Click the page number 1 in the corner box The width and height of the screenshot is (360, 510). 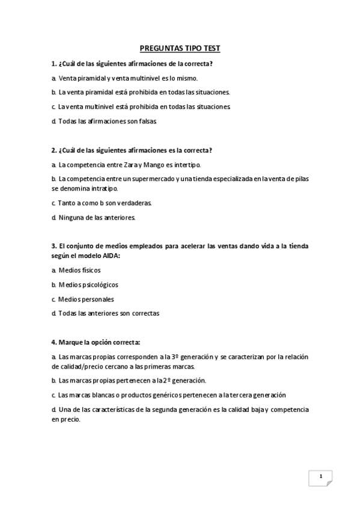click(321, 477)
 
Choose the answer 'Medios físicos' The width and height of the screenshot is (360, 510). click(80, 271)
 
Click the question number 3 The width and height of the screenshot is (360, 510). click(53, 247)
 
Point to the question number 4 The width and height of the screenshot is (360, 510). click(53, 342)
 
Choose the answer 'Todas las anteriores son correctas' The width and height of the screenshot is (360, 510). click(109, 313)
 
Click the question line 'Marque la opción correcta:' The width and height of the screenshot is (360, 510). click(99, 342)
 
